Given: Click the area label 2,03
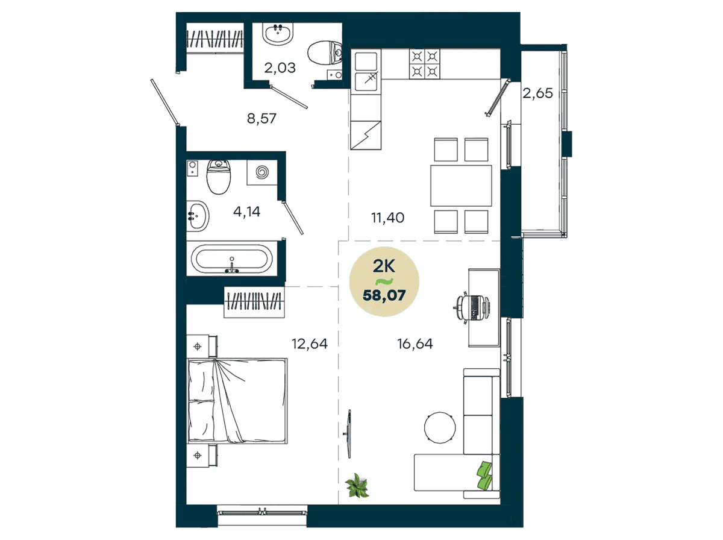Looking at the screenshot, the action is click(280, 68).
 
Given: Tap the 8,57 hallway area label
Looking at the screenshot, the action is click(261, 118).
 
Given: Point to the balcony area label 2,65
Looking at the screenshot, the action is click(537, 93).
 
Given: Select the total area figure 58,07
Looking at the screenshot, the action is click(384, 295).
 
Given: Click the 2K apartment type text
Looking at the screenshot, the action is click(384, 266).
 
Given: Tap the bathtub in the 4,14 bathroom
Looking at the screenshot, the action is click(232, 259).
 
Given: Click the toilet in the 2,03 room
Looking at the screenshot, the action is click(325, 53).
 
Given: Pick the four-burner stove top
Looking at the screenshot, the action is click(425, 64).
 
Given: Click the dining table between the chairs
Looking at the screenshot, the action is click(461, 186).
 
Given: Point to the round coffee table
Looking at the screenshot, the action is click(440, 428).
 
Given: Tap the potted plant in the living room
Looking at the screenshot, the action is click(357, 485).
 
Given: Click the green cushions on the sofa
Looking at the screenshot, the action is click(484, 475).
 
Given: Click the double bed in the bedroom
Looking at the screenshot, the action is click(237, 401).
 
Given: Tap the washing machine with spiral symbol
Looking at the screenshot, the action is click(262, 172).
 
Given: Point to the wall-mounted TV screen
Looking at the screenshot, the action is click(348, 433).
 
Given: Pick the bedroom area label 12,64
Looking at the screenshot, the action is click(310, 344).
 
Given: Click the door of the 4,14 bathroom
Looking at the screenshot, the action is click(293, 218).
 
